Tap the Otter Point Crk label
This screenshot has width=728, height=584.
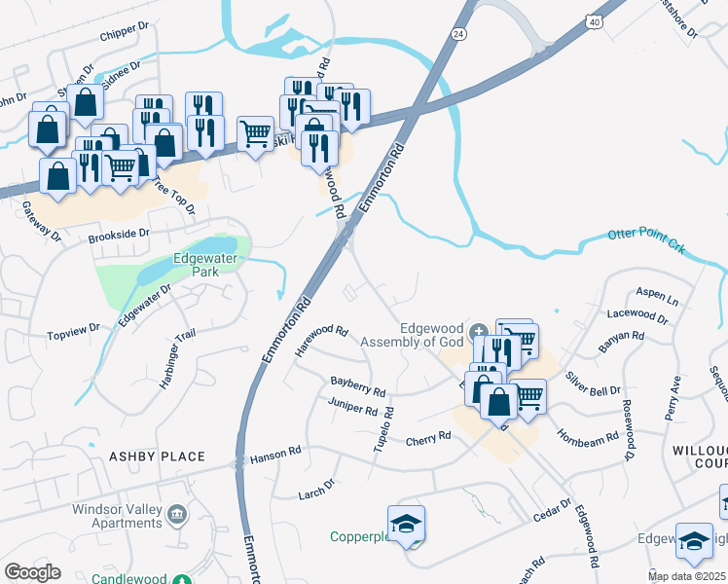click(646, 240)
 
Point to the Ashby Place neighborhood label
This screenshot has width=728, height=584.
click(157, 456)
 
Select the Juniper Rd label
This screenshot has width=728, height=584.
click(352, 406)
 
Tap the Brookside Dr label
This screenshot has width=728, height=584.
click(118, 235)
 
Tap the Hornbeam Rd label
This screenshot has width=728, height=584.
click(588, 436)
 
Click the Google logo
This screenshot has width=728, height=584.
click(32, 572)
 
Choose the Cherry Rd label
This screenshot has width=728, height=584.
click(429, 437)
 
